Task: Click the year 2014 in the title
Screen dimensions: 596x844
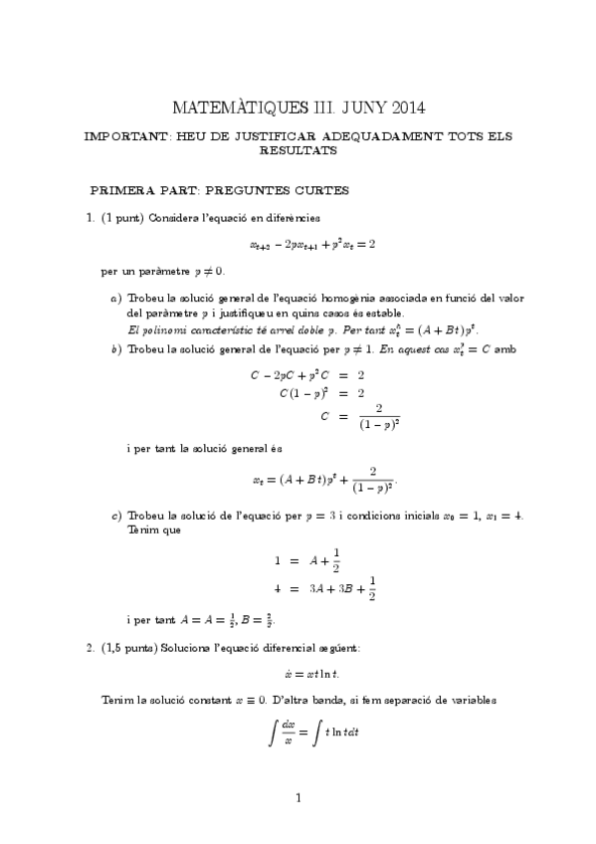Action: (414, 106)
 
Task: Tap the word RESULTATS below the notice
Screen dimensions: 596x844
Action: (298, 151)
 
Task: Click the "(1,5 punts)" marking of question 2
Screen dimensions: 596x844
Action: (129, 648)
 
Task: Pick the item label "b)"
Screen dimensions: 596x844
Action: (116, 347)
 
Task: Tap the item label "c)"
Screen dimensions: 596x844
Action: (116, 515)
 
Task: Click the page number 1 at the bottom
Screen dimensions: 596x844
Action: (298, 797)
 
